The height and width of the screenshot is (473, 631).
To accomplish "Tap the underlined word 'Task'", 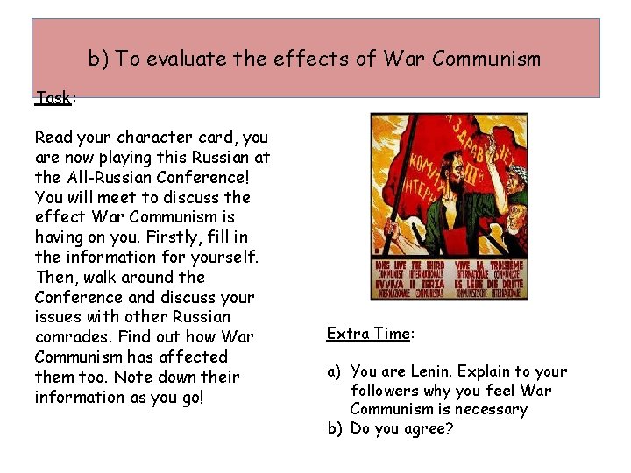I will pyautogui.click(x=53, y=97).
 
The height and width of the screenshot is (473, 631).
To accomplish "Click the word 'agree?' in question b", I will pyautogui.click(x=436, y=429).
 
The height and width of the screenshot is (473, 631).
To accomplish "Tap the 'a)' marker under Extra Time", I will pyautogui.click(x=334, y=371).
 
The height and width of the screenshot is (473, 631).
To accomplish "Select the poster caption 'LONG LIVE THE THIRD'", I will pyautogui.click(x=410, y=265).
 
